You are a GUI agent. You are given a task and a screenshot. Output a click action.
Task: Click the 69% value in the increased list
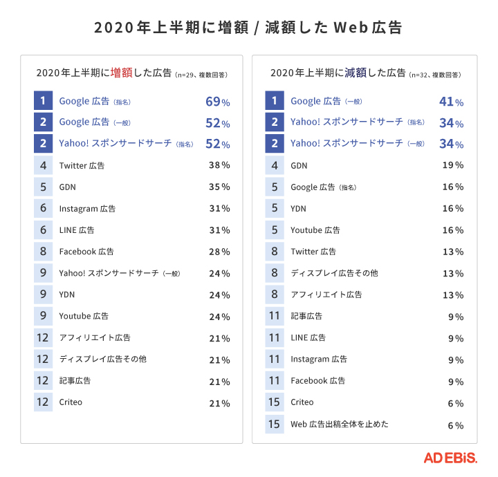click(218, 102)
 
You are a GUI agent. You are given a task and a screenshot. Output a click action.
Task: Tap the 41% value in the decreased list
click(451, 102)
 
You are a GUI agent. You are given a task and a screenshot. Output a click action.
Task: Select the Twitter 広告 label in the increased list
click(82, 166)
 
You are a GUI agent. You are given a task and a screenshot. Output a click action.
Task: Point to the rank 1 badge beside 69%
click(43, 101)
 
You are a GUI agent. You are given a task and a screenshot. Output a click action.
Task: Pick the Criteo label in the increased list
click(71, 402)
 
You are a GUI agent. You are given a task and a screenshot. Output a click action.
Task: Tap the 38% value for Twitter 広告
click(219, 166)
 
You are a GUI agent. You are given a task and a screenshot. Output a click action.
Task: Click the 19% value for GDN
click(453, 166)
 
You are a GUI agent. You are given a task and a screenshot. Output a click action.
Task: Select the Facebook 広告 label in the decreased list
click(317, 380)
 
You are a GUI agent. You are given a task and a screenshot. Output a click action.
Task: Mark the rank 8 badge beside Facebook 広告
click(43, 252)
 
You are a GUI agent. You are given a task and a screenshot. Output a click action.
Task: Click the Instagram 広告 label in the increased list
click(87, 209)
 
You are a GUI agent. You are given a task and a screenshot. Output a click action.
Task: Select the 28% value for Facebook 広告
click(219, 252)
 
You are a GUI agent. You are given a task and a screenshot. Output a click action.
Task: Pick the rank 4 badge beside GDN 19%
click(275, 166)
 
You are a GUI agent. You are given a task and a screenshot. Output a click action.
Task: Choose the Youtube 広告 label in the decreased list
click(315, 230)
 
